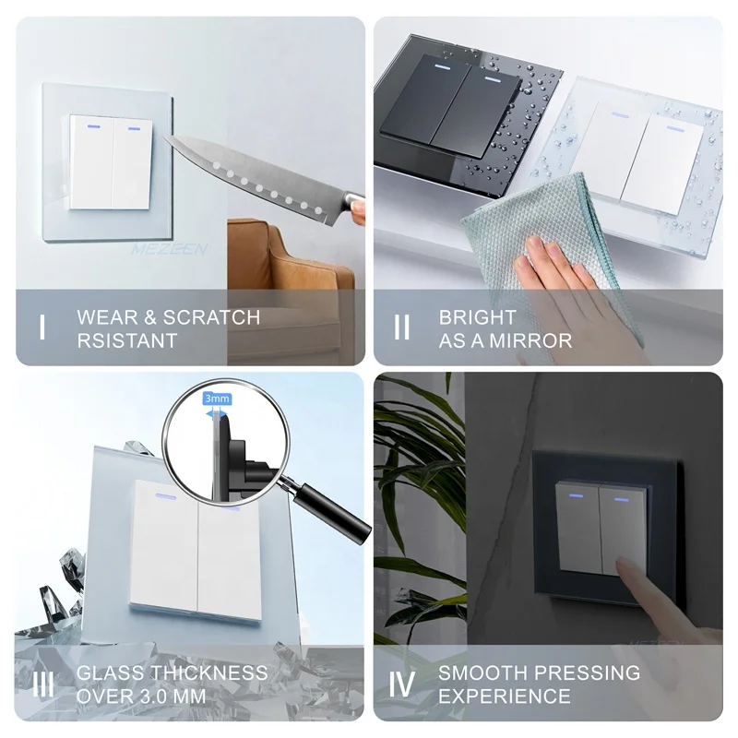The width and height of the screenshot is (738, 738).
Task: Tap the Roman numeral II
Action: tap(401, 327)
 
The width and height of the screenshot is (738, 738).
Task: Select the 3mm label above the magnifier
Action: tap(217, 399)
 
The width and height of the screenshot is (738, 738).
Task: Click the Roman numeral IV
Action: tap(401, 684)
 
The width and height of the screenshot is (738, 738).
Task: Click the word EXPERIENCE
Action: tap(504, 696)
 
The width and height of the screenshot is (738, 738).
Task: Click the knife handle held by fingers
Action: tap(354, 202)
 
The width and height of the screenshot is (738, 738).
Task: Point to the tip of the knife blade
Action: tap(165, 137)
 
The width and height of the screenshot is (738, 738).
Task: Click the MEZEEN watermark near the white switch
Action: tap(169, 248)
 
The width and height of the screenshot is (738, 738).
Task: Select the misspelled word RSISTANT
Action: tap(127, 340)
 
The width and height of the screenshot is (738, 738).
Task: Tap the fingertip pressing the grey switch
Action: tap(622, 563)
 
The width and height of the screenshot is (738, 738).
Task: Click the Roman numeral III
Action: tap(43, 684)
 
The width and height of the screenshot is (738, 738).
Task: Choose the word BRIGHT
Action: tap(478, 317)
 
